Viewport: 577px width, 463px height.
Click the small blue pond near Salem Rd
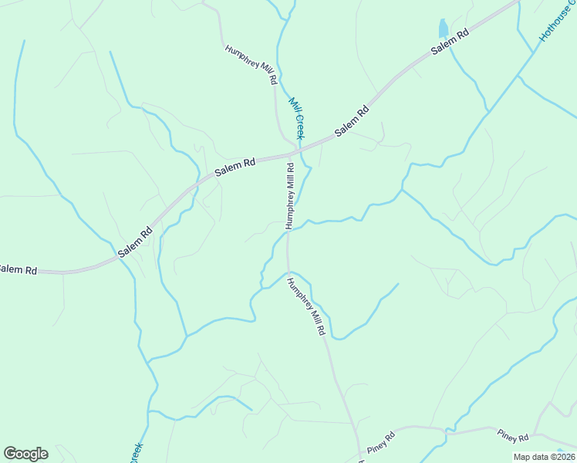[443, 29]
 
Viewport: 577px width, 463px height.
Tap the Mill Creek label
[297, 118]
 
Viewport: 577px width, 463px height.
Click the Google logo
[25, 454]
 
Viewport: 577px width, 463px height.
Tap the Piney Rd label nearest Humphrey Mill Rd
[380, 443]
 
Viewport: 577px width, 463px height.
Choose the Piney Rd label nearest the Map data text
[513, 437]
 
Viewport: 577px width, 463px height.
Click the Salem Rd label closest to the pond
[450, 42]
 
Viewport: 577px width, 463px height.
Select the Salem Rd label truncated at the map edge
[17, 269]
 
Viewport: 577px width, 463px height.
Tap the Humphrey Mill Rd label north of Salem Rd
[251, 65]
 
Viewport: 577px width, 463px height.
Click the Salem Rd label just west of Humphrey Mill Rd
[235, 166]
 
